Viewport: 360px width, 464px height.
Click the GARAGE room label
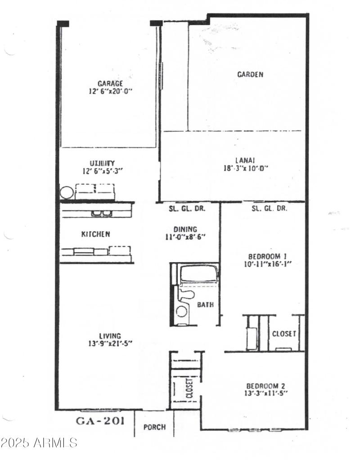pyautogui.click(x=110, y=83)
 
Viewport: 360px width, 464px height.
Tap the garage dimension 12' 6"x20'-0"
pyautogui.click(x=110, y=91)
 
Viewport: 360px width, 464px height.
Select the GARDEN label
pyautogui.click(x=250, y=75)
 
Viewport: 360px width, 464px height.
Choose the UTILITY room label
pyautogui.click(x=102, y=163)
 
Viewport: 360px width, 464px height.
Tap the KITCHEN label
pyautogui.click(x=95, y=234)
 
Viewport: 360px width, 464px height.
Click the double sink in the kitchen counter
pyautogui.click(x=102, y=213)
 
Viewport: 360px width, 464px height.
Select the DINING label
pyautogui.click(x=185, y=229)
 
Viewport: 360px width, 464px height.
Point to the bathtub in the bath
pyautogui.click(x=198, y=274)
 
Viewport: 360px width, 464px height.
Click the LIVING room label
pyautogui.click(x=110, y=335)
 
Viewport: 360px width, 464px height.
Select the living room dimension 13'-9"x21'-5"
pyautogui.click(x=110, y=343)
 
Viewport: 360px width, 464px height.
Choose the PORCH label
pyautogui.click(x=154, y=427)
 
